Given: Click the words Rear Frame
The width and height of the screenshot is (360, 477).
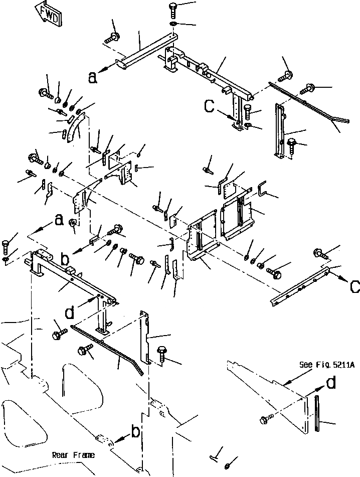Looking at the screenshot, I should pyautogui.click(x=73, y=455).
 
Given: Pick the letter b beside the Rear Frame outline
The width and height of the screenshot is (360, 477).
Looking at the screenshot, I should pyautogui.click(x=135, y=431).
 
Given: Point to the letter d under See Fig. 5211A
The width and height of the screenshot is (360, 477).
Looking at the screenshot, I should pyautogui.click(x=331, y=383).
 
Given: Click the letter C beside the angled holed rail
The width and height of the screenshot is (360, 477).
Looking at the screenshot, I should pyautogui.click(x=354, y=287).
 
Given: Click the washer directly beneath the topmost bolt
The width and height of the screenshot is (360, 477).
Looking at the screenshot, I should pyautogui.click(x=173, y=25).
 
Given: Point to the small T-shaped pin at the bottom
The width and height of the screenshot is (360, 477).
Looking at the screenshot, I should pyautogui.click(x=214, y=454).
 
